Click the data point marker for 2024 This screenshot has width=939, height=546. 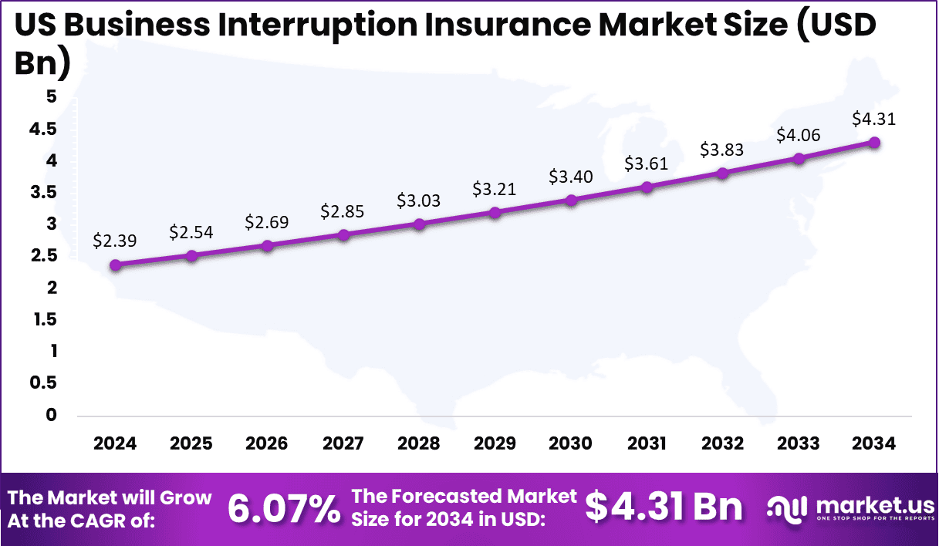(x=116, y=265)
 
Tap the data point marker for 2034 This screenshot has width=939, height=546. (x=874, y=143)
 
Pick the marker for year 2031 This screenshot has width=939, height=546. (x=647, y=187)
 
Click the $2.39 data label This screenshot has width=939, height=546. (x=115, y=241)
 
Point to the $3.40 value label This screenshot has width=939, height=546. (x=570, y=177)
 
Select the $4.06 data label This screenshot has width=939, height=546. (x=799, y=136)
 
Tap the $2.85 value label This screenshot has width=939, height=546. (x=343, y=211)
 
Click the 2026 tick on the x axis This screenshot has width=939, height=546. (x=267, y=443)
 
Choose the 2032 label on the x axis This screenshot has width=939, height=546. (x=723, y=443)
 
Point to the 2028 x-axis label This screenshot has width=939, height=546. (x=419, y=443)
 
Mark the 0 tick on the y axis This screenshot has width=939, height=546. (x=51, y=416)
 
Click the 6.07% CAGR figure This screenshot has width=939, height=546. (x=284, y=509)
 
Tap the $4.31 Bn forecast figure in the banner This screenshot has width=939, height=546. (x=664, y=507)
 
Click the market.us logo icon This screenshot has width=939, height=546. (x=786, y=507)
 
